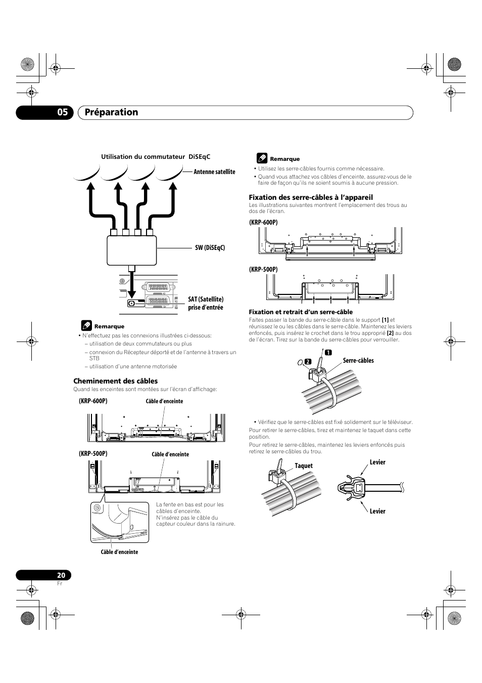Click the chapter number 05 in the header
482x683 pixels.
point(62,112)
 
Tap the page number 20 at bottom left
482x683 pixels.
point(61,575)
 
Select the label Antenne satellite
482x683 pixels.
point(214,172)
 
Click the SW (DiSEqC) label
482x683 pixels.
point(210,247)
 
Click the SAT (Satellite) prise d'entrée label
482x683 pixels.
point(206,304)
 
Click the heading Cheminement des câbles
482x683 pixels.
point(116,381)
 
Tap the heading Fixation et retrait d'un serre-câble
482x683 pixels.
point(301,312)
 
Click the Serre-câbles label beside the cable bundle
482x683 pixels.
point(358,361)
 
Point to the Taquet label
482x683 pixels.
point(304,466)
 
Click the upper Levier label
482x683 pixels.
point(377,462)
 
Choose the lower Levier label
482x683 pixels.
point(377,511)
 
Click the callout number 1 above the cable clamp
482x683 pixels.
point(327,353)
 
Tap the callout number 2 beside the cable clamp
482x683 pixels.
point(307,361)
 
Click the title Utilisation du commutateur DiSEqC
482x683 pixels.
point(156,157)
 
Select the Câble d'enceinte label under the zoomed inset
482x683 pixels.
point(119,552)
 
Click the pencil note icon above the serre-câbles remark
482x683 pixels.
point(261,158)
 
